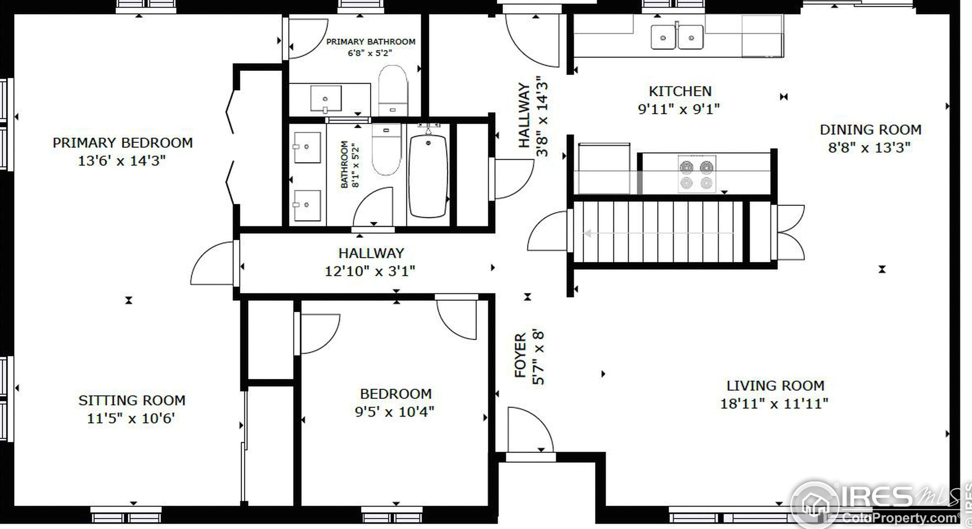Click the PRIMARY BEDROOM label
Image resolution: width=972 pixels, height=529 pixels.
[x=123, y=143]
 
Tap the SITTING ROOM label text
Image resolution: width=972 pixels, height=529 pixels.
[x=132, y=400]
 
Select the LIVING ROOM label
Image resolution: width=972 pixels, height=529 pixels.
[x=775, y=386]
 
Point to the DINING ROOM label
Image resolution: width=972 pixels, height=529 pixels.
[x=871, y=129]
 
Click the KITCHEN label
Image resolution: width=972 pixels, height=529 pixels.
[x=680, y=91]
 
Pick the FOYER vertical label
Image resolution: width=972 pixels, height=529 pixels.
[x=521, y=355]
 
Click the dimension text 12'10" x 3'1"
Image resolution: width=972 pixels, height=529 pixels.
[x=370, y=271]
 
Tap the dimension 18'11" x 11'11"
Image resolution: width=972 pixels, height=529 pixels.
[x=774, y=403]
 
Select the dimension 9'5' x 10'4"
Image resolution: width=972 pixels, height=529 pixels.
[x=395, y=412]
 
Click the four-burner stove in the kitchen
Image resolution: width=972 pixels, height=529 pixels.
[x=697, y=174]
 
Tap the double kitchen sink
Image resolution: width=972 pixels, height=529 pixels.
[x=677, y=37]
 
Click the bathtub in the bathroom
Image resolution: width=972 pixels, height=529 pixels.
[x=428, y=176]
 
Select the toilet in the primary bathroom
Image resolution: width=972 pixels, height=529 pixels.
[x=393, y=90]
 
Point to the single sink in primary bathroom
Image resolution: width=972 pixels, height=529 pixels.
[x=326, y=99]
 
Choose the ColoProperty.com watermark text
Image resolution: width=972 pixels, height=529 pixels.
[x=900, y=518]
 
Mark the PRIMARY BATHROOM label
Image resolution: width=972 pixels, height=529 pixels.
[x=371, y=41]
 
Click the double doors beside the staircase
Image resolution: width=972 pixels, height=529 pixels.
[x=788, y=232]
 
